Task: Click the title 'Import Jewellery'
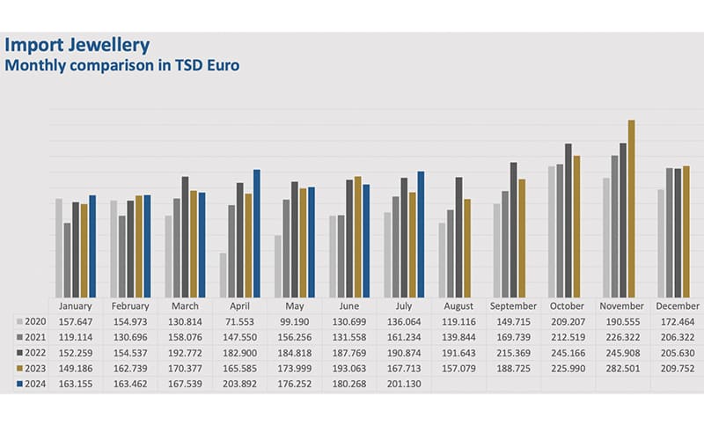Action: pos(77,45)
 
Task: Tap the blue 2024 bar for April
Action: pos(257,233)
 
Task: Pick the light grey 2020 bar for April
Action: pos(223,275)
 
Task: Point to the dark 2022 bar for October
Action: pos(568,220)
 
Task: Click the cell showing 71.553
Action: pos(239,322)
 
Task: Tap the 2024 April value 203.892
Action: pos(239,385)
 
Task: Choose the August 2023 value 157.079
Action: pos(458,369)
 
